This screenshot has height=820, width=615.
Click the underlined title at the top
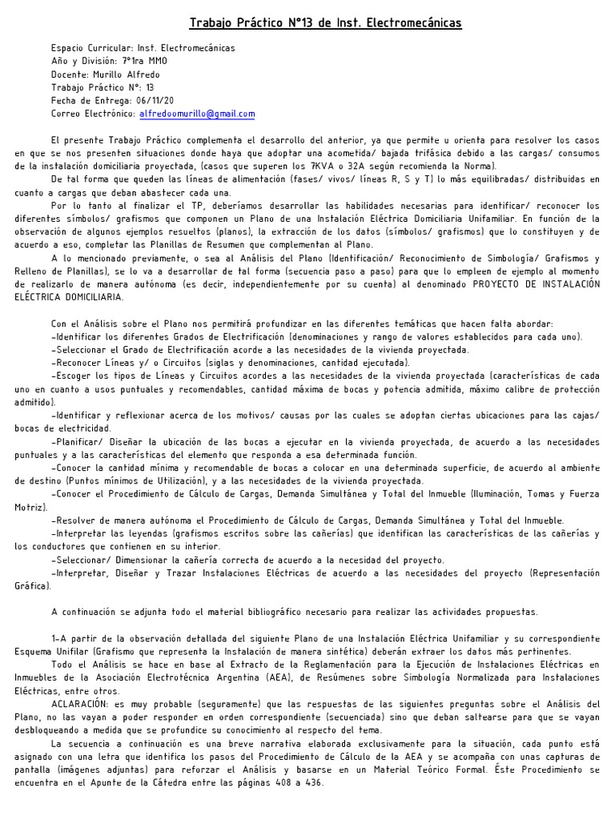[x=325, y=24]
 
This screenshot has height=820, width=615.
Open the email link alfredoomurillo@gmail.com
[x=197, y=115]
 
